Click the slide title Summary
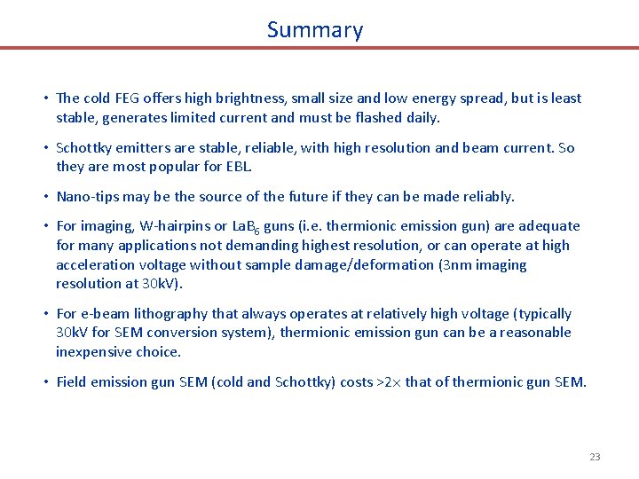315,29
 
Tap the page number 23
595,457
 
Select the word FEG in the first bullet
121,98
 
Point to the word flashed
376,117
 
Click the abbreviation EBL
240,167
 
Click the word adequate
543,226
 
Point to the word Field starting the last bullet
73,382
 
